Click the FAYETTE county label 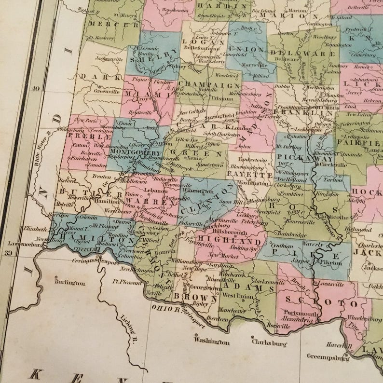(x=250, y=175)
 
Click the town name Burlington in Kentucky (x=70, y=283)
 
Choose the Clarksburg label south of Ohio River (x=269, y=344)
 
